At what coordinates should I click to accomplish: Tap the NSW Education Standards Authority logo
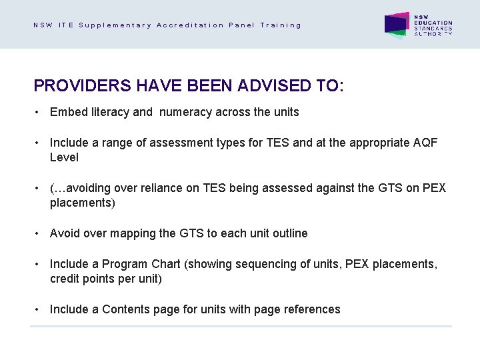point(419,25)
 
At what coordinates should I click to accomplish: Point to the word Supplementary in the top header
point(115,25)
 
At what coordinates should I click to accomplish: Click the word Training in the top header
point(281,25)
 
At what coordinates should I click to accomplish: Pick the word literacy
point(108,112)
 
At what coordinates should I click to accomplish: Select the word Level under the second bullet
point(64,157)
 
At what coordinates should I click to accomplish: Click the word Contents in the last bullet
point(126,309)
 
